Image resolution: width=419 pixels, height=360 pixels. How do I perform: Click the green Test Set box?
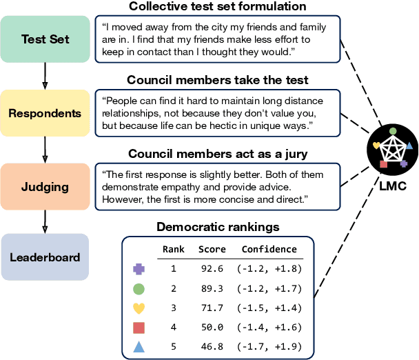pyautogui.click(x=45, y=38)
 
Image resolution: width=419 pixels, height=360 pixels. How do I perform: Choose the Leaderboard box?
pyautogui.click(x=45, y=257)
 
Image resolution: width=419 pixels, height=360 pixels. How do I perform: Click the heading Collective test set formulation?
pyautogui.click(x=217, y=8)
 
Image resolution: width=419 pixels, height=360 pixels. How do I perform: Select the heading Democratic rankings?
pyautogui.click(x=217, y=226)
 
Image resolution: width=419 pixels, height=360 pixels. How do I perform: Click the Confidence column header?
pyautogui.click(x=269, y=250)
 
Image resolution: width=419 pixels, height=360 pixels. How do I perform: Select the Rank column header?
pyautogui.click(x=173, y=250)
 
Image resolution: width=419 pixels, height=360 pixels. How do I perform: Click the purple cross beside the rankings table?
pyautogui.click(x=139, y=270)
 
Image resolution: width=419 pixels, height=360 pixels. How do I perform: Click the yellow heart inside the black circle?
pyautogui.click(x=376, y=146)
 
